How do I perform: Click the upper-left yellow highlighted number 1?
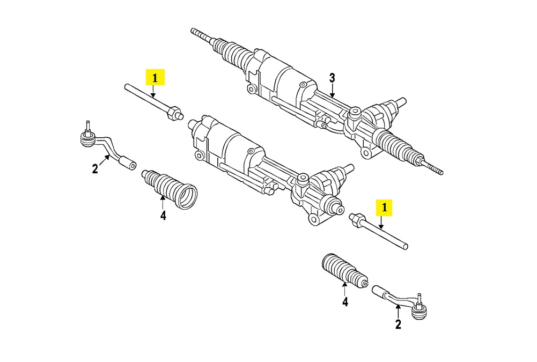[x=155, y=78]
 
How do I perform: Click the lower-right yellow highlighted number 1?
[x=385, y=208]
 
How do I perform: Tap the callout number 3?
[x=332, y=78]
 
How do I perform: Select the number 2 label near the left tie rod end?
[x=95, y=169]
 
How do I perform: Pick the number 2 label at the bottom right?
[x=398, y=324]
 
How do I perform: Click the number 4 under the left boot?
[x=163, y=216]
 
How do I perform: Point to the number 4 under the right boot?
[x=345, y=302]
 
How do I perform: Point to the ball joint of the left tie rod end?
[x=86, y=139]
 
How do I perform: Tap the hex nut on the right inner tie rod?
[x=357, y=218]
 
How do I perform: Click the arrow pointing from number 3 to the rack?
[x=332, y=91]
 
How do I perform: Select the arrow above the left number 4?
[x=163, y=203]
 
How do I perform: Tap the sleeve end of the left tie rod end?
[x=128, y=162]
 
